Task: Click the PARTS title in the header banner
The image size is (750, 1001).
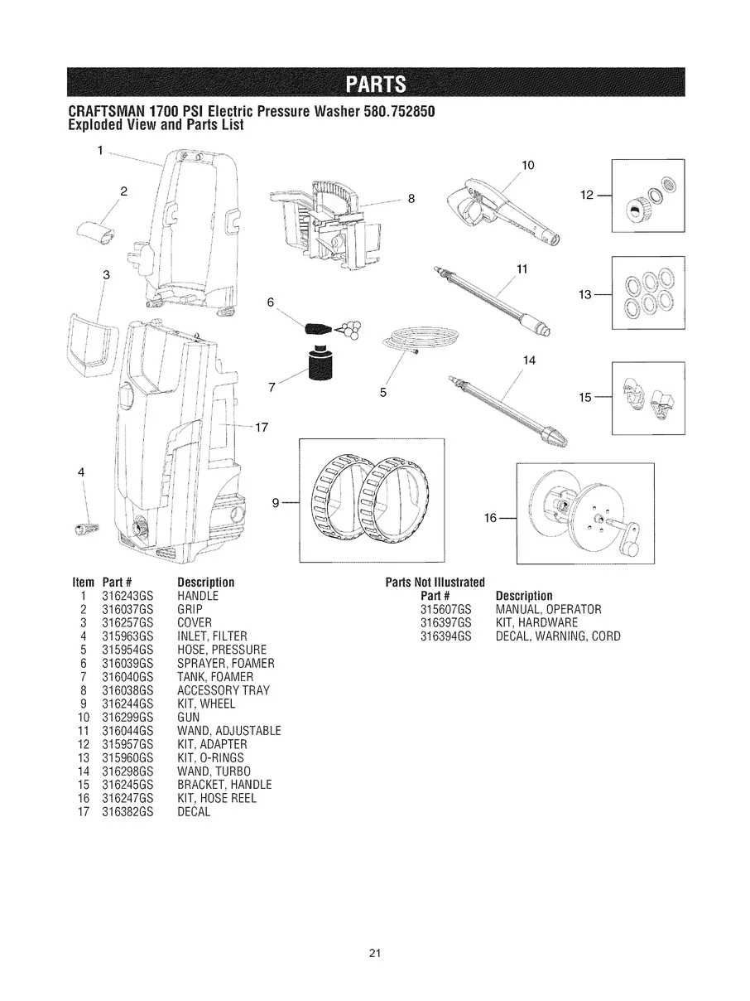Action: (x=375, y=85)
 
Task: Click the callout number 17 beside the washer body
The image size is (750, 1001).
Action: (x=262, y=428)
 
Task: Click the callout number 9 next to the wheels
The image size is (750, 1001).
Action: (x=277, y=501)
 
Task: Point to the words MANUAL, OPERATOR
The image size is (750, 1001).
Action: (x=548, y=609)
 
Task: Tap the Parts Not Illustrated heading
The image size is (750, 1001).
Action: (x=435, y=582)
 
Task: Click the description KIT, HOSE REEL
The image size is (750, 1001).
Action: (x=217, y=798)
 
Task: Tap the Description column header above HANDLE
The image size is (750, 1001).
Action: (x=206, y=582)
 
